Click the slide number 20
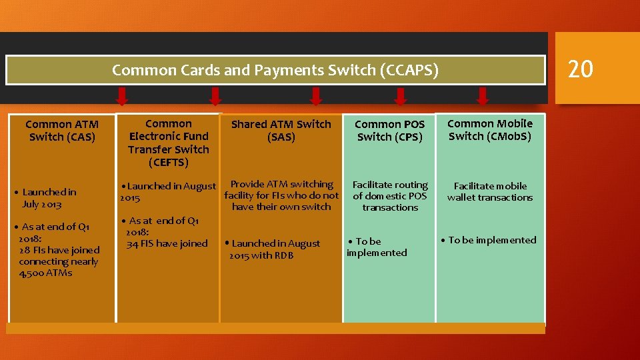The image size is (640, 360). pos(580,69)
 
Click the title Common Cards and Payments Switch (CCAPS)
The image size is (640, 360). pos(275,70)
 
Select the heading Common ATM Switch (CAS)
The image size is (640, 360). pos(62,131)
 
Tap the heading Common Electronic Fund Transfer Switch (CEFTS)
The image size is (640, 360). pos(168,143)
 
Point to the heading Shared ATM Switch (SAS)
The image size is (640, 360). pos(281,131)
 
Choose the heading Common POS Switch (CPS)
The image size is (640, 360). pos(389,131)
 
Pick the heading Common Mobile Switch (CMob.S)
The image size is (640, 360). pos(489,130)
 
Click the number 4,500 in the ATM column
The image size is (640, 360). pos(32,273)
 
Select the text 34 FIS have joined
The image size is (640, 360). pos(167,243)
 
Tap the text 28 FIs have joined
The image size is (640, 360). pos(59,250)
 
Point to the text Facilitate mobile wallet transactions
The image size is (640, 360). pos(489,191)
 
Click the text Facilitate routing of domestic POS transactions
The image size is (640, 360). pos(390,196)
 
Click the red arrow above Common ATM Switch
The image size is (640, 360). pos(122,97)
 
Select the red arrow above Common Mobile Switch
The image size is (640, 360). pos(483,97)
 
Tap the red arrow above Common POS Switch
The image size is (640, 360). pos(400,97)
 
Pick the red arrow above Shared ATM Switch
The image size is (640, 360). pos(316,97)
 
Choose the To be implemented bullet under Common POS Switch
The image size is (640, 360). pos(377,247)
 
